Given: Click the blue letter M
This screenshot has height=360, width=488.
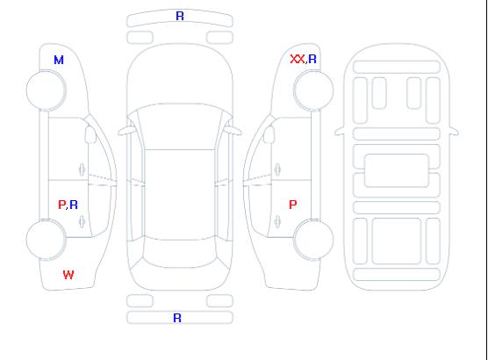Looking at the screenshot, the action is pyautogui.click(x=59, y=60).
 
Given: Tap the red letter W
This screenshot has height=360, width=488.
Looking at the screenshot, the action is pyautogui.click(x=68, y=275).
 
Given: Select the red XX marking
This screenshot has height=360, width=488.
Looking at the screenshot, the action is pyautogui.click(x=298, y=59).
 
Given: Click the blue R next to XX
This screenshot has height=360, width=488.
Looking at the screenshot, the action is pyautogui.click(x=312, y=59).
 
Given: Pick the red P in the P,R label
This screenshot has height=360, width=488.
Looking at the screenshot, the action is pyautogui.click(x=61, y=205).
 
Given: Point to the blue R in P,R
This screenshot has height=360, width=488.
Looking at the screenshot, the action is pyautogui.click(x=74, y=205).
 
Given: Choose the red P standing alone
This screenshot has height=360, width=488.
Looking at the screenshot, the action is pyautogui.click(x=293, y=205).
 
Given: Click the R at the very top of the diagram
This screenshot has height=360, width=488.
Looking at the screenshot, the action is pyautogui.click(x=180, y=16).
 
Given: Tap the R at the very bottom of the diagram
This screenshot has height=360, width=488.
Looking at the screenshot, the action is pyautogui.click(x=177, y=318).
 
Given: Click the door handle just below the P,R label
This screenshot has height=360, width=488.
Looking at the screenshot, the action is pyautogui.click(x=82, y=221).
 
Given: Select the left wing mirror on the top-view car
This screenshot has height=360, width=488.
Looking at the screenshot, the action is pyautogui.click(x=126, y=131).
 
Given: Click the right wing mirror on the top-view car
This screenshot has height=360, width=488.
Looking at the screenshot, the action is pyautogui.click(x=233, y=131).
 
